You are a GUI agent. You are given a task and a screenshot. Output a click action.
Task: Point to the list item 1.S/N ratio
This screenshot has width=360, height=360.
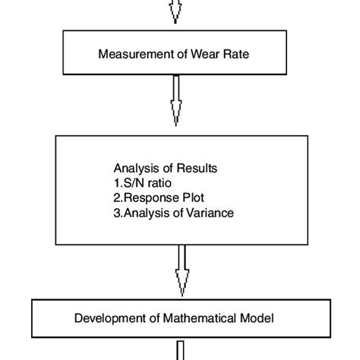(x=141, y=183)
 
